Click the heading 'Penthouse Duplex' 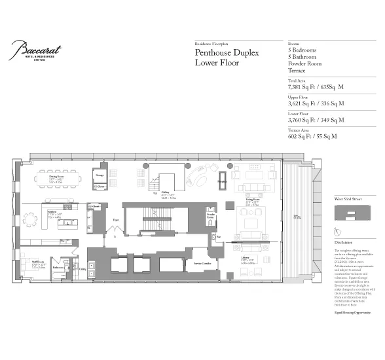pos(227,52)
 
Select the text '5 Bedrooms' pos(302,50)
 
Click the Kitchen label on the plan pos(50,213)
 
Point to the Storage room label pos(100,175)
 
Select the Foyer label pos(115,220)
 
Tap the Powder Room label pos(211,215)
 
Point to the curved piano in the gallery pos(196,176)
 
